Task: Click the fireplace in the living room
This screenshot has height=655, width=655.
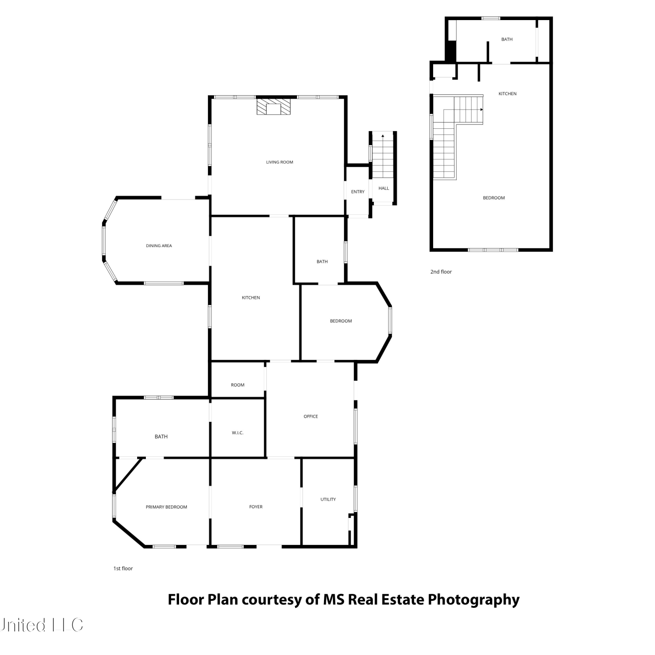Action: [x=273, y=107]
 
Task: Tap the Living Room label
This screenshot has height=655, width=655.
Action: [x=279, y=162]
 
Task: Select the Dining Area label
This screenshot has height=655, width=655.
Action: [x=159, y=246]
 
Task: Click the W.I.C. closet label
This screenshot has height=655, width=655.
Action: [x=238, y=433]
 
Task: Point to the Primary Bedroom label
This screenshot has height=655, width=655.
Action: [x=166, y=507]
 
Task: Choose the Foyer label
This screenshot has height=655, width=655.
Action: [x=256, y=507]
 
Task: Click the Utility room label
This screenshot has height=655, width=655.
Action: [x=328, y=500]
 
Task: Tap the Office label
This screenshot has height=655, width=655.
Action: [x=310, y=417]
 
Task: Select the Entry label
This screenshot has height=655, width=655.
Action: [x=358, y=192]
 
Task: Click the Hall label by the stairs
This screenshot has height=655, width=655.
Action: [x=383, y=189]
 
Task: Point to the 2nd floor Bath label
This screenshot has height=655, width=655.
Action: [x=507, y=39]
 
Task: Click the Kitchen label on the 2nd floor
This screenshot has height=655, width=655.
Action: [x=507, y=94]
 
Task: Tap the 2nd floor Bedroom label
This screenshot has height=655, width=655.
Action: [x=494, y=198]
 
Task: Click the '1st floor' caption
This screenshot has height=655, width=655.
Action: [x=123, y=569]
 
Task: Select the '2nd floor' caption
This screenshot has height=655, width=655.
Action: [x=441, y=272]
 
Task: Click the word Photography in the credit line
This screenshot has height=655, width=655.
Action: [x=473, y=600]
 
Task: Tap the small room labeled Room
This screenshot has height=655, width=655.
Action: [x=238, y=385]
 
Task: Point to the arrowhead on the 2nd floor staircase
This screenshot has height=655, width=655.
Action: [x=482, y=110]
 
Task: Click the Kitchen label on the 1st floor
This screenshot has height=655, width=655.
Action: [x=251, y=298]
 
